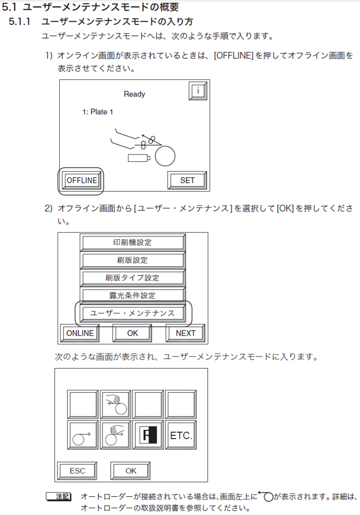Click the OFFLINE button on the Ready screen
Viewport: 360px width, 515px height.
(81, 181)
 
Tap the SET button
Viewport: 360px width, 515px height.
(187, 181)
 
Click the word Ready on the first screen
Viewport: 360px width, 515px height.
(134, 94)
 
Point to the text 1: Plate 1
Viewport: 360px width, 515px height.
(97, 112)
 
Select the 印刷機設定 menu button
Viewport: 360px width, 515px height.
(132, 243)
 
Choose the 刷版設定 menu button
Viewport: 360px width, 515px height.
(132, 260)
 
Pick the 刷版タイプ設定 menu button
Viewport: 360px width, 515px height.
(132, 278)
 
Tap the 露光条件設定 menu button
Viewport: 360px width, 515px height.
(132, 296)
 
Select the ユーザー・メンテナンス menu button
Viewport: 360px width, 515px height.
(132, 313)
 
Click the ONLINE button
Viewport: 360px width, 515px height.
(80, 333)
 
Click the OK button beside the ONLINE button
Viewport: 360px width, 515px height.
(132, 333)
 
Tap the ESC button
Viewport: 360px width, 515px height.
(77, 471)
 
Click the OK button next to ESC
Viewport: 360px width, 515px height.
(131, 471)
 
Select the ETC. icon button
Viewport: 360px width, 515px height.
(181, 435)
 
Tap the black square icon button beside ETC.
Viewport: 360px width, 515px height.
(148, 435)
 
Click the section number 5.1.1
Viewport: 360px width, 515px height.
(22, 22)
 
